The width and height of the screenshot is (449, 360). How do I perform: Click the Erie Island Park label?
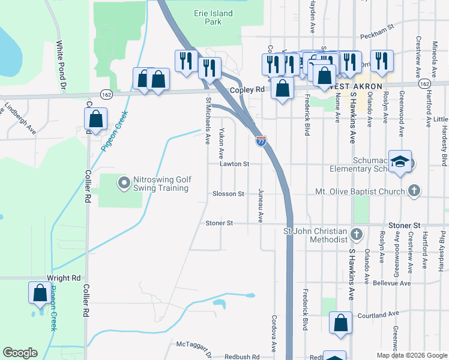(x=208, y=17)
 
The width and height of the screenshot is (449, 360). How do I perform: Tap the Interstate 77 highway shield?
(x=261, y=141)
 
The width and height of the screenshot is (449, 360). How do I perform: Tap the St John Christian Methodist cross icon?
(x=357, y=233)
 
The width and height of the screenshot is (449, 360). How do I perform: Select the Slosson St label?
(x=228, y=194)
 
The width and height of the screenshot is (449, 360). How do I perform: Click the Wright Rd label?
(x=64, y=278)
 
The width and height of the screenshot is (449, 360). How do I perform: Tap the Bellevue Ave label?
(x=391, y=283)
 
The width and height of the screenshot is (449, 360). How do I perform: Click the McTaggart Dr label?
(x=194, y=345)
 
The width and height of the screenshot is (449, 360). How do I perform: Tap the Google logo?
(x=20, y=353)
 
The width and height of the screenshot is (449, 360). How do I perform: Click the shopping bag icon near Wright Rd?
(x=40, y=294)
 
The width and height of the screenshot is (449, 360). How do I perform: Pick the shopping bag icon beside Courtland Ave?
(x=340, y=323)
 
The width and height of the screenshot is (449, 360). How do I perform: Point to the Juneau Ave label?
(x=261, y=206)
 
